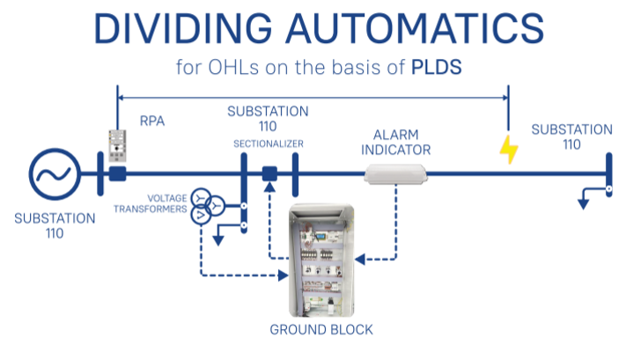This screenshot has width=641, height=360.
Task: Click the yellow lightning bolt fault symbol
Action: tap(509, 149)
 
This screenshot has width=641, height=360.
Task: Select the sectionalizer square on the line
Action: tap(270, 174)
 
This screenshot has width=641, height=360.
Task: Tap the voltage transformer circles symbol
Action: tap(202, 205)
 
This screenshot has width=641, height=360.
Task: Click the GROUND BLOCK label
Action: tap(320, 330)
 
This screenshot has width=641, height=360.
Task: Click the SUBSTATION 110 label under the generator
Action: tap(55, 225)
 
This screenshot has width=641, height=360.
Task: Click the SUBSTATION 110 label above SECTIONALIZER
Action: tap(268, 118)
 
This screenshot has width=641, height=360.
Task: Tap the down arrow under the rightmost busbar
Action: tap(582, 203)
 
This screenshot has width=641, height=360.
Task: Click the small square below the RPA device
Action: tap(118, 174)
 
